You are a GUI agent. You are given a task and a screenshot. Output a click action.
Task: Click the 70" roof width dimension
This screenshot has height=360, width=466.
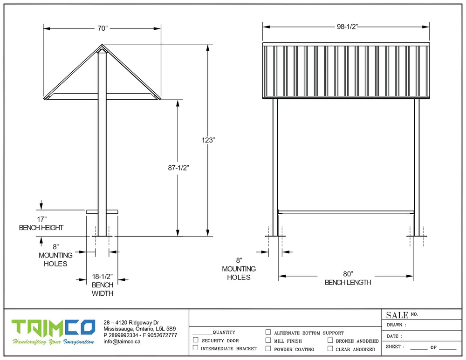tap(103, 28)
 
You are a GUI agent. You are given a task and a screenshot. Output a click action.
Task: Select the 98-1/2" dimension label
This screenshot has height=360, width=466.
tap(347, 27)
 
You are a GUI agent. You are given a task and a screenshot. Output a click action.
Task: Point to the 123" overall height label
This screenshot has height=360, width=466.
tap(208, 140)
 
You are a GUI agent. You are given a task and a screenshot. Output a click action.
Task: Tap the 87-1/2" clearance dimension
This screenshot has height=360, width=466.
tap(178, 168)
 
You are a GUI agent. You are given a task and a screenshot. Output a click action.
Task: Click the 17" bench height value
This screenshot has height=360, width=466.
tap(41, 219)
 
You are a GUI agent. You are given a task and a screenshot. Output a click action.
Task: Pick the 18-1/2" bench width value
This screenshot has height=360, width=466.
tap(102, 277)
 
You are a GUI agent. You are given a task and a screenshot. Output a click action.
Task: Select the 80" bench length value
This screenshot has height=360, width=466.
tap(348, 274)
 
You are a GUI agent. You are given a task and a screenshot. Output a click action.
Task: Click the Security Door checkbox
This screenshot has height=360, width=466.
tap(196, 340)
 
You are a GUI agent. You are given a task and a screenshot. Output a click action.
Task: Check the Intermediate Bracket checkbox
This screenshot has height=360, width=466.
tap(196, 347)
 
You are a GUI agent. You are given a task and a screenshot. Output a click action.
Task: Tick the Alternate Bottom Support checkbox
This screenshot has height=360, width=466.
tap(268, 332)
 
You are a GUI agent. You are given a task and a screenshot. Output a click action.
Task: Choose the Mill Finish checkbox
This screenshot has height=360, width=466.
tap(268, 340)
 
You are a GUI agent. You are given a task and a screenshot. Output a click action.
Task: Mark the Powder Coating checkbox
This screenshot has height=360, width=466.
tap(268, 348)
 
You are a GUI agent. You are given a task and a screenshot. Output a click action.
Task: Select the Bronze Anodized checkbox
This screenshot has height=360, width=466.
tap(330, 340)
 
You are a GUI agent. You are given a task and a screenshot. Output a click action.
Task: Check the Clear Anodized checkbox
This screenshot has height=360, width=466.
tap(330, 348)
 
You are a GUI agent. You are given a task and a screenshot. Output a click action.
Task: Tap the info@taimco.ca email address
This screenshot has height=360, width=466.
tap(122, 341)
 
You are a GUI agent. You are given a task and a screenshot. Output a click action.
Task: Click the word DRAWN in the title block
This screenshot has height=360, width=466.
tap(394, 325)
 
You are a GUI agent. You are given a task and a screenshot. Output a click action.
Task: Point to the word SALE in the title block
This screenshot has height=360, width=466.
tap(397, 315)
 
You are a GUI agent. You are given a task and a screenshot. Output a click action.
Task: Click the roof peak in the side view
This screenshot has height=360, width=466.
tap(102, 45)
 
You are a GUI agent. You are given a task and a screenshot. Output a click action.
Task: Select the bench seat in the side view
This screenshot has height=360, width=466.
tap(102, 212)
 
